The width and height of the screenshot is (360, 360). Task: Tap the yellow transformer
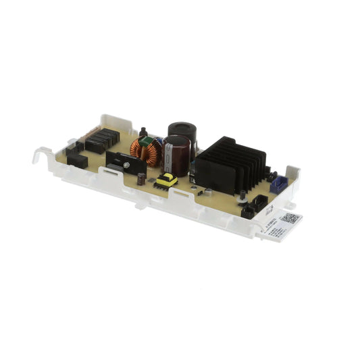point(166,180)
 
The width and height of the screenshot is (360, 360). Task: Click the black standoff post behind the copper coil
point(143,130)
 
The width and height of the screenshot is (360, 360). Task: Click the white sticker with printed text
point(277,226)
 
